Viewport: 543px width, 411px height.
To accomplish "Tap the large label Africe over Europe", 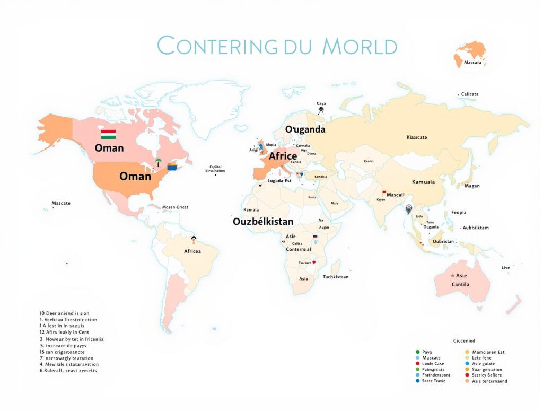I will pyautogui.click(x=283, y=156).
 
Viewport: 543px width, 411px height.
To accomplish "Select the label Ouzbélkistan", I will pyautogui.click(x=263, y=222).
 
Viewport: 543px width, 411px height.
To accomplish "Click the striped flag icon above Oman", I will pyautogui.click(x=109, y=134).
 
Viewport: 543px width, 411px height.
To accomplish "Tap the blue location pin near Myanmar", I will pyautogui.click(x=408, y=209).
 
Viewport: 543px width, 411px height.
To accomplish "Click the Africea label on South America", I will pyautogui.click(x=192, y=251).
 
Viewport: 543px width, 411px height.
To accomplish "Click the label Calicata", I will pyautogui.click(x=470, y=94).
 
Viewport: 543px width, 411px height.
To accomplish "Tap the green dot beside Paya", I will pyautogui.click(x=417, y=352).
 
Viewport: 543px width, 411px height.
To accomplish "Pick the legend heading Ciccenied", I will pyautogui.click(x=464, y=340).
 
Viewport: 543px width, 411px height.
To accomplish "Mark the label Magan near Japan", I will pyautogui.click(x=471, y=186).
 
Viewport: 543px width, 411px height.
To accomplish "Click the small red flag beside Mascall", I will pyautogui.click(x=384, y=192).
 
